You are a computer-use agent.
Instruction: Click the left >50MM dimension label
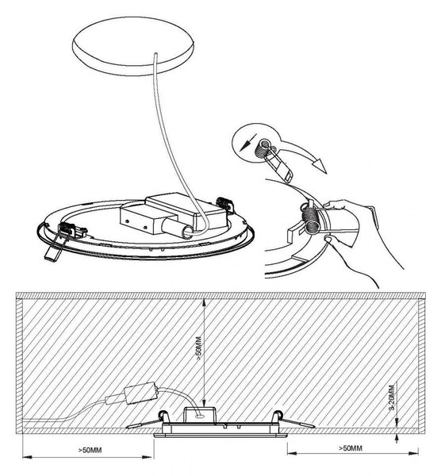(90, 450)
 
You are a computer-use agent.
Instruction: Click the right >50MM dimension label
(351, 447)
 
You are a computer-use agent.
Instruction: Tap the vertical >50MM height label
(199, 348)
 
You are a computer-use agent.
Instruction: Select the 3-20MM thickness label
(392, 397)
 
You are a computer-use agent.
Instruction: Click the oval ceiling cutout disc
(133, 45)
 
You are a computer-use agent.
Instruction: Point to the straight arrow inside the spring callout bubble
(248, 142)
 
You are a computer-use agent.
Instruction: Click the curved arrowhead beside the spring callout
(320, 166)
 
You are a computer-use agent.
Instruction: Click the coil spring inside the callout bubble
(263, 148)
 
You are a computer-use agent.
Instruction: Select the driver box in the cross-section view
(141, 393)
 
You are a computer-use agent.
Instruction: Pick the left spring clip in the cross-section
(146, 420)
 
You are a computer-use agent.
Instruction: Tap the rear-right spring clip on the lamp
(225, 205)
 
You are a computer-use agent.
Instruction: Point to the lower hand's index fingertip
(328, 240)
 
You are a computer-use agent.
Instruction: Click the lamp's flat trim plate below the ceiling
(220, 436)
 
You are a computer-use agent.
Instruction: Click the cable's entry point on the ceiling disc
(156, 54)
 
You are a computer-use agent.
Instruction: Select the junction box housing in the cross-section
(200, 415)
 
